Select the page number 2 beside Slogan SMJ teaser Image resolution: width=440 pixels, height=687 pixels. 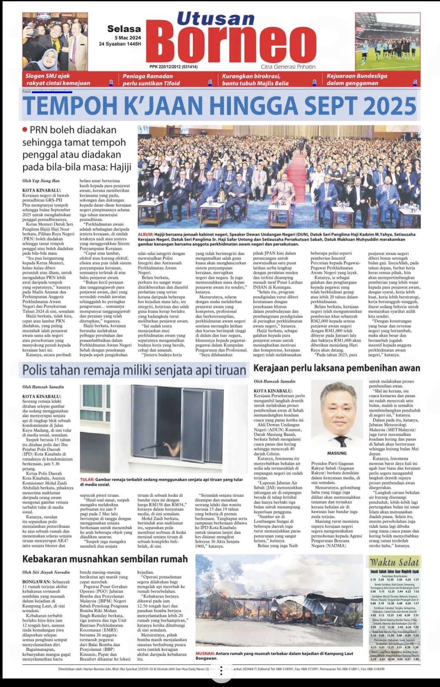point(111,83)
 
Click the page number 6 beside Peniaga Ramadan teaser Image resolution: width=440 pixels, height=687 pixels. point(210,83)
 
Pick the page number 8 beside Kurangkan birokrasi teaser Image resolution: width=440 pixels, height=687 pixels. point(315,83)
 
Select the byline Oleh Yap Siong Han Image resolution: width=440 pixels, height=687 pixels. point(41,181)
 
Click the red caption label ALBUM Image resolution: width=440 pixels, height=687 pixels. point(145,234)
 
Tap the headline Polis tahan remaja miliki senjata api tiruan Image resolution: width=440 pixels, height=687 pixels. point(134,370)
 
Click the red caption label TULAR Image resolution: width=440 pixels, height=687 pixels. point(87,479)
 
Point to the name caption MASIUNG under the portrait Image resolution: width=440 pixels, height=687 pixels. point(337,453)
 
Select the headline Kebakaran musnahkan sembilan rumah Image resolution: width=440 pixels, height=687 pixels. point(105,559)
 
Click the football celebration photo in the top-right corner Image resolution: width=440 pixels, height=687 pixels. point(387,41)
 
